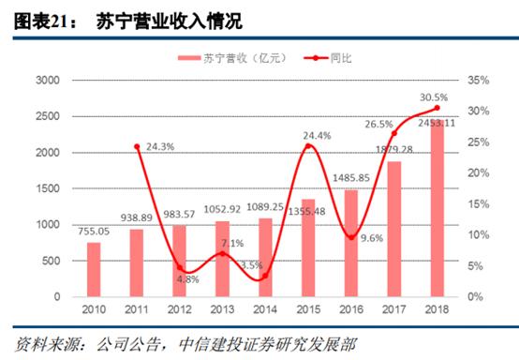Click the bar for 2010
(x=94, y=270)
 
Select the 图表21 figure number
(x=39, y=18)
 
